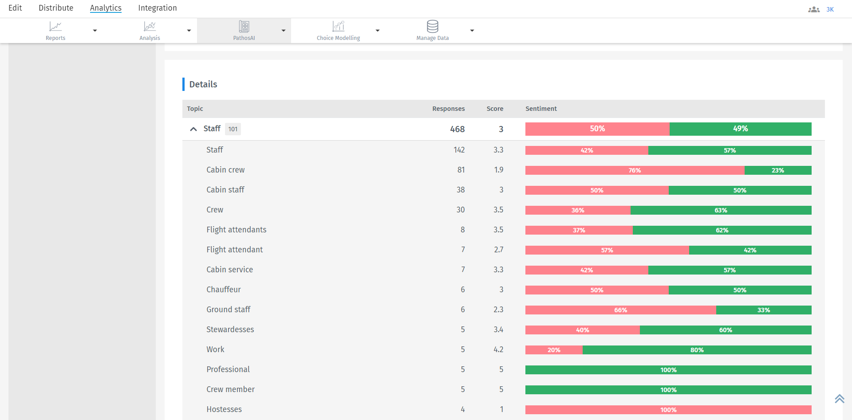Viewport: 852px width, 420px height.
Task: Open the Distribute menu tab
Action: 56,8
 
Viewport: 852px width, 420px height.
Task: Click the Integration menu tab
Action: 157,8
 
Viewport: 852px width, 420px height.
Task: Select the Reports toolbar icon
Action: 55,30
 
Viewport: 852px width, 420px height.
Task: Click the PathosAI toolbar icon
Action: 244,30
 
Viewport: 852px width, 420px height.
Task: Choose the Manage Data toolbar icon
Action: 432,30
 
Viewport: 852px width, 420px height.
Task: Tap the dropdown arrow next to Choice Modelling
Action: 378,31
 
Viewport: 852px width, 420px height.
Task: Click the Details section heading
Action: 203,84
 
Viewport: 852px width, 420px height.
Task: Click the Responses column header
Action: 448,109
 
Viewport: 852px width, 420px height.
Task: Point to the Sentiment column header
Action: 540,109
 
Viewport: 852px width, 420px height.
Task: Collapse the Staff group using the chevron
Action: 193,129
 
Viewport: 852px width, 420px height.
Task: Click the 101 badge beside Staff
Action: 233,129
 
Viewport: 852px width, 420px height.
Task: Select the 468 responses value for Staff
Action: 457,129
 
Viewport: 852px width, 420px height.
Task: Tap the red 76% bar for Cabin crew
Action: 635,170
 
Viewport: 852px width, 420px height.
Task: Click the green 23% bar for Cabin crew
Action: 777,170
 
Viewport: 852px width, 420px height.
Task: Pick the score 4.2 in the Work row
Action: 498,349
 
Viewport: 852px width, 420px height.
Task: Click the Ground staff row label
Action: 228,310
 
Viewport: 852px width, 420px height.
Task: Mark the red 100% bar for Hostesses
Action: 668,410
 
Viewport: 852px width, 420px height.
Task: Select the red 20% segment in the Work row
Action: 554,350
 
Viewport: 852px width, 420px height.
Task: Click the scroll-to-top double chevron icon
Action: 839,399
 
